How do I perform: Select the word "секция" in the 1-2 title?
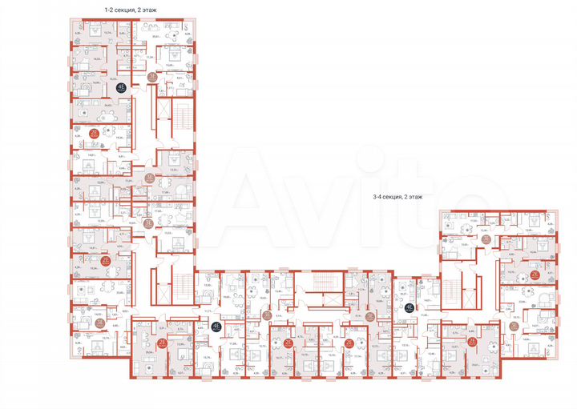[x=132, y=10]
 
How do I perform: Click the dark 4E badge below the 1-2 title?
[x=122, y=89]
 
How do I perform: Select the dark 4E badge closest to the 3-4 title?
[x=409, y=307]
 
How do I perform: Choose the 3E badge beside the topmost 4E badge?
[x=152, y=78]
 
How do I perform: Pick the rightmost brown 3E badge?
[x=513, y=325]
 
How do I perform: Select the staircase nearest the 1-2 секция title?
[x=181, y=115]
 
